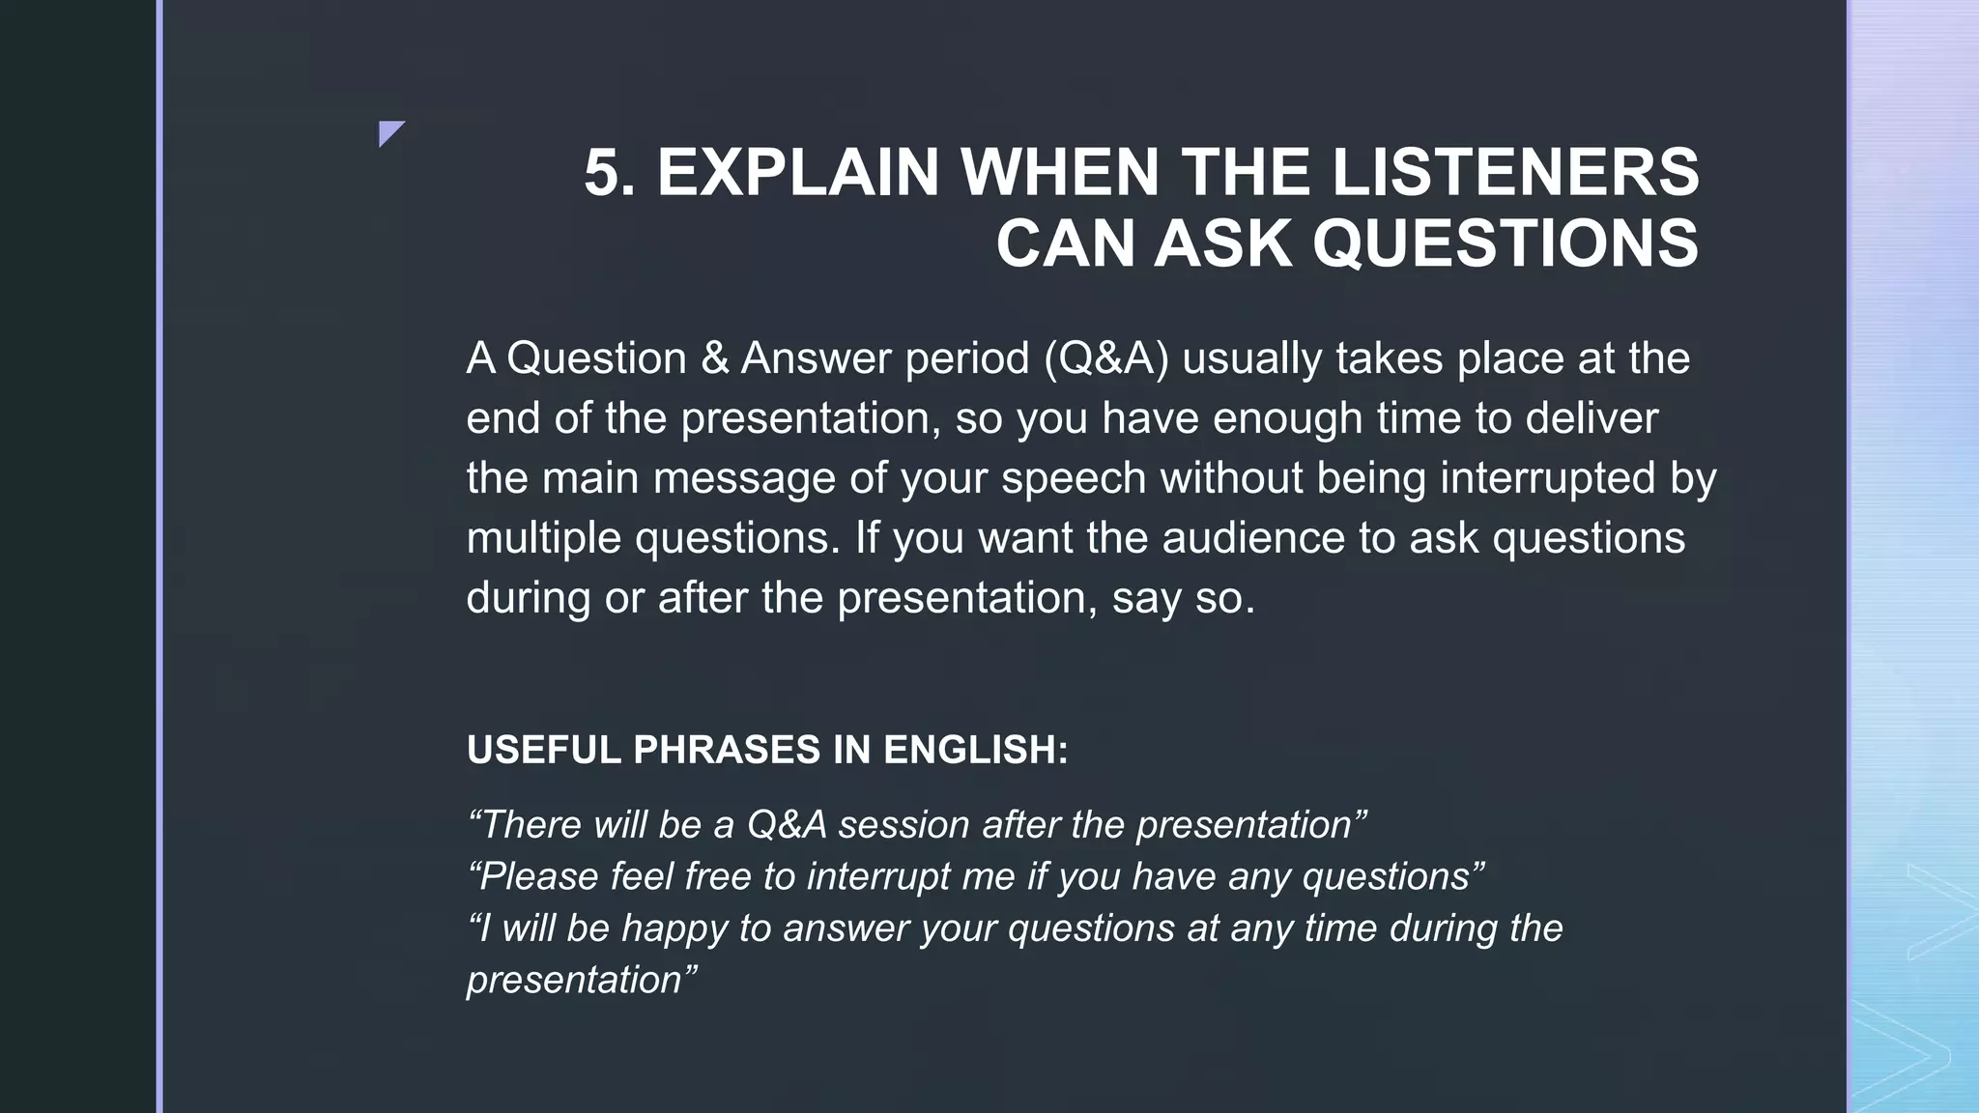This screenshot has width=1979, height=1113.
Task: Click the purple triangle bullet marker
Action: [x=388, y=131]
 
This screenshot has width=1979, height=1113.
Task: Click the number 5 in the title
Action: [x=602, y=173]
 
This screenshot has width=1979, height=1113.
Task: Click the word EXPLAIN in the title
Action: [x=797, y=173]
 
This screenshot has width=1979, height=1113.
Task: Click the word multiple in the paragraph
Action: [x=543, y=538]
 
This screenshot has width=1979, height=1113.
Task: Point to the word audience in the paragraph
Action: [x=1252, y=538]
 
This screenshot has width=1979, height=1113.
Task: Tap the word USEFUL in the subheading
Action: [x=542, y=751]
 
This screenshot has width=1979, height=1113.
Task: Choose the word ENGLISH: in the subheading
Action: [x=975, y=751]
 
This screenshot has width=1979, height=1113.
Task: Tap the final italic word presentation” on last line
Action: [x=581, y=980]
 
